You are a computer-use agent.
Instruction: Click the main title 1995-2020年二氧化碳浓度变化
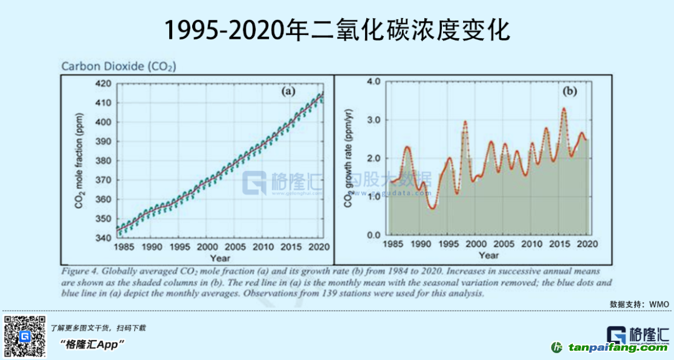point(337,29)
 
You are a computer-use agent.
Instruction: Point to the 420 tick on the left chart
point(104,84)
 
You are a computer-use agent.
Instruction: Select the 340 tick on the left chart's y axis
point(104,238)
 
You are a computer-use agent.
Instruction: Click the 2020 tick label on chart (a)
point(318,246)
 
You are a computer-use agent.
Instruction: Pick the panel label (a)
point(288,92)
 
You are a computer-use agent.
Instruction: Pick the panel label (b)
point(570,91)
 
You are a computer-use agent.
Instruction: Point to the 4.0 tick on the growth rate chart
point(373,82)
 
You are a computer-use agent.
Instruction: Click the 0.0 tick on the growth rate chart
point(373,235)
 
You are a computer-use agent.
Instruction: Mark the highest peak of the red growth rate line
point(564,109)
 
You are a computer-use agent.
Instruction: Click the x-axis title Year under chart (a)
point(220,258)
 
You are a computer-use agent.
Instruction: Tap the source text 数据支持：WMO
point(640,304)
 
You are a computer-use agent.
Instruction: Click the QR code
point(25,337)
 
